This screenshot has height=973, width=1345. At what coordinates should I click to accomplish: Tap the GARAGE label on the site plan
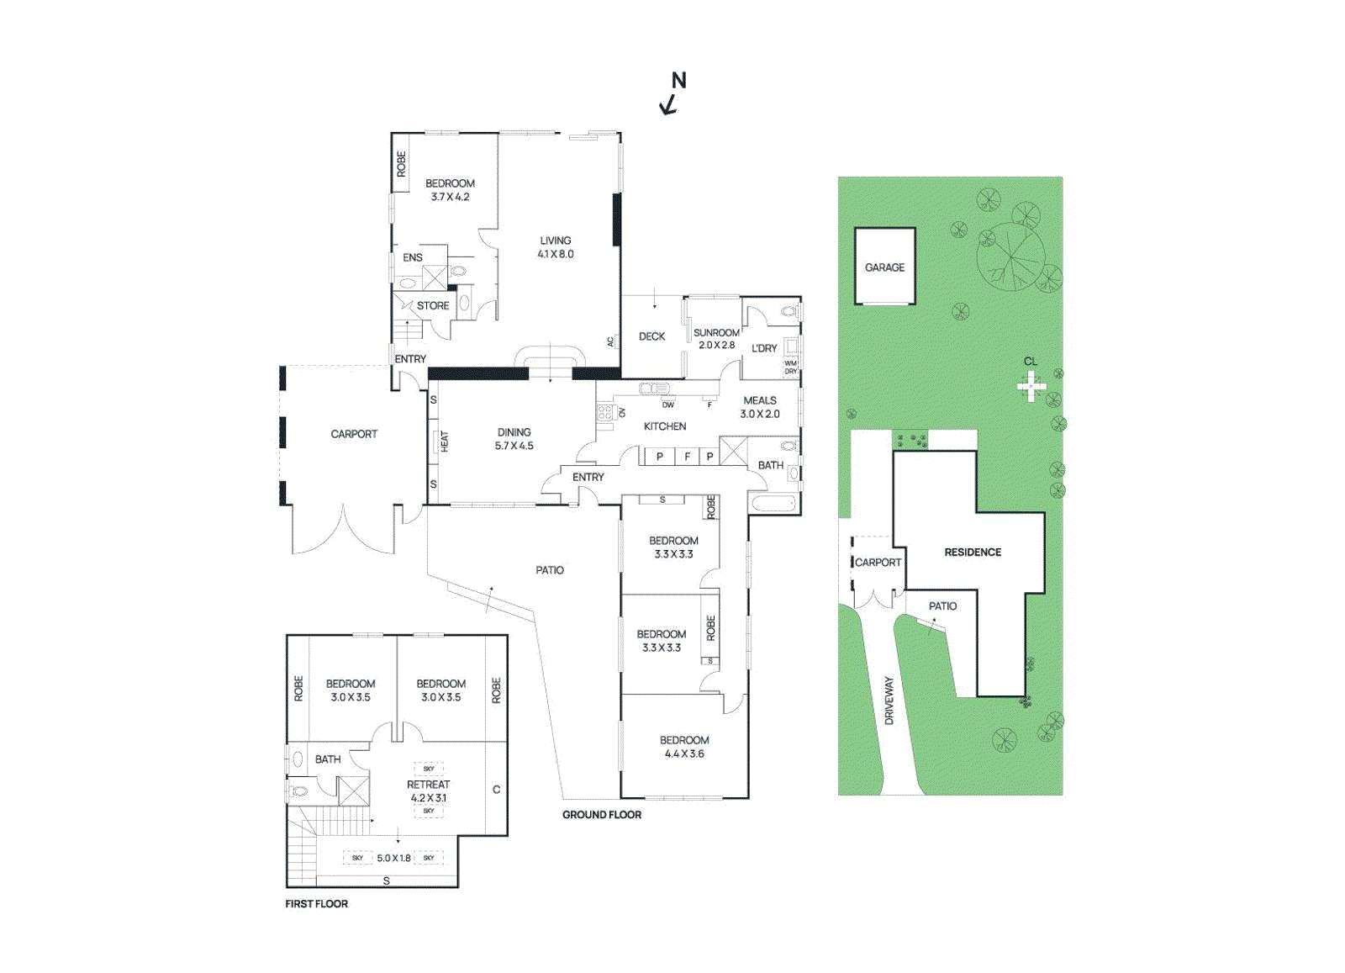point(884,267)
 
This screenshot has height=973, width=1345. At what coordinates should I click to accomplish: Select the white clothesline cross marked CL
point(1031,387)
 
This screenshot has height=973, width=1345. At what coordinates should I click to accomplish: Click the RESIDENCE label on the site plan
point(973,553)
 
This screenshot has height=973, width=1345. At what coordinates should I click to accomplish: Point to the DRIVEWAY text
point(889,701)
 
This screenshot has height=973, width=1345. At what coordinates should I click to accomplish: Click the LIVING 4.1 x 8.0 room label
point(556,247)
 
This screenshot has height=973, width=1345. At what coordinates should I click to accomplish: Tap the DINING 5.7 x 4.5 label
point(514,439)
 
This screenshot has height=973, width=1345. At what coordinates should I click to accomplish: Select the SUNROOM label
point(716,333)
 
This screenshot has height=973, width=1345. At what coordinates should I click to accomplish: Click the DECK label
point(651,336)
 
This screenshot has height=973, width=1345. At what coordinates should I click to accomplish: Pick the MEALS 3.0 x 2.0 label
point(760,407)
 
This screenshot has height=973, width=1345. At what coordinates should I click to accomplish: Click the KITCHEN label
point(665,426)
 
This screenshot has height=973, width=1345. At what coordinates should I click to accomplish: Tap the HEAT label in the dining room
point(445,441)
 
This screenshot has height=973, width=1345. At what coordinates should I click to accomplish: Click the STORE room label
point(433,306)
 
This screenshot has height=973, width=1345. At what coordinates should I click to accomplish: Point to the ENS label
point(413,257)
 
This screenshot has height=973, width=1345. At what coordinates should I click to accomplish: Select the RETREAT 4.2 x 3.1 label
point(429,791)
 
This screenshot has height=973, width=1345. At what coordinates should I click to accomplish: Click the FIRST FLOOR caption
point(316,904)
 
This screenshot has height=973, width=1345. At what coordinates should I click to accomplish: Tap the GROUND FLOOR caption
point(602,815)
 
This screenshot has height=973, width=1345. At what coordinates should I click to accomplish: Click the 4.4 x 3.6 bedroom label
point(684,747)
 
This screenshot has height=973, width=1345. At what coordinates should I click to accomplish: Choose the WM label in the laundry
point(790,363)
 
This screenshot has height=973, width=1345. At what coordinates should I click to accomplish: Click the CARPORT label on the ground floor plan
point(354,434)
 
